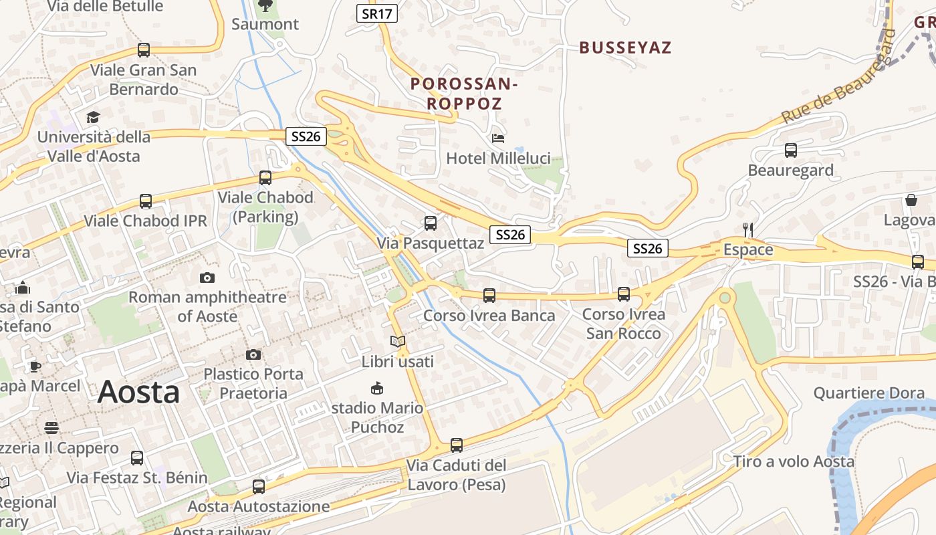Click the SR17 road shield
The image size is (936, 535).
pyautogui.click(x=377, y=13)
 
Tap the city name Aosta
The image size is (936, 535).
pyautogui.click(x=138, y=393)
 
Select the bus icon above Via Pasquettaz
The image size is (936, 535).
pyautogui.click(x=431, y=223)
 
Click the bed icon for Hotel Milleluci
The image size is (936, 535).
pyautogui.click(x=498, y=138)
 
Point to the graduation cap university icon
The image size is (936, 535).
pyautogui.click(x=93, y=117)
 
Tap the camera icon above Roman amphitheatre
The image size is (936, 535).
pyautogui.click(x=207, y=278)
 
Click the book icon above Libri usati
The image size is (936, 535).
pyautogui.click(x=398, y=342)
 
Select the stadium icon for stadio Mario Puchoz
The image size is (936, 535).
pyautogui.click(x=377, y=388)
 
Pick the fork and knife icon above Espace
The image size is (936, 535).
pyautogui.click(x=748, y=229)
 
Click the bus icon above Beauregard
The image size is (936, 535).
pyautogui.click(x=791, y=150)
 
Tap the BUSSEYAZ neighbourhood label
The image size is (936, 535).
pyautogui.click(x=625, y=47)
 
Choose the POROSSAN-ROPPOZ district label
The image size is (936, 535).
pyautogui.click(x=464, y=94)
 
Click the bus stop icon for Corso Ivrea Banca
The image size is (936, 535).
pyautogui.click(x=489, y=295)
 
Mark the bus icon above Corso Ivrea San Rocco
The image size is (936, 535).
pyautogui.click(x=624, y=294)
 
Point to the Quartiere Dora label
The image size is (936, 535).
pyautogui.click(x=868, y=393)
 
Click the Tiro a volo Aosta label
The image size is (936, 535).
pyautogui.click(x=794, y=461)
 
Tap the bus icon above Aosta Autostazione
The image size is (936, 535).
pyautogui.click(x=259, y=487)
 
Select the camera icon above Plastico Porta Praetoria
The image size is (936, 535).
pyautogui.click(x=253, y=354)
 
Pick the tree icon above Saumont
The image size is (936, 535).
pyautogui.click(x=265, y=6)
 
